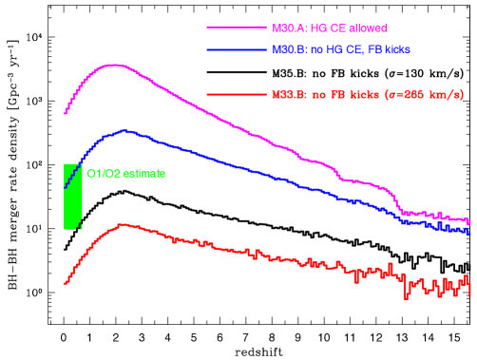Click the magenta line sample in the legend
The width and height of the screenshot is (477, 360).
236,28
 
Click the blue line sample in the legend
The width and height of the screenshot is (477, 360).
236,49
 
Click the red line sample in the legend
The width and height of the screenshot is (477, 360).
236,94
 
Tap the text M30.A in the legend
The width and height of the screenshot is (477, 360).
287,28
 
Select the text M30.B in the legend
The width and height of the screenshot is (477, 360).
287,49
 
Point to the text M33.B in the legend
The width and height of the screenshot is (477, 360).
287,94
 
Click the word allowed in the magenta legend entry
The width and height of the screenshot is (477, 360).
366,28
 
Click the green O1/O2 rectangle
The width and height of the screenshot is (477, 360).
72,197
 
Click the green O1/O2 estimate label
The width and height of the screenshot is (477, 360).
125,174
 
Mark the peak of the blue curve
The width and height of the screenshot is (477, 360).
124,130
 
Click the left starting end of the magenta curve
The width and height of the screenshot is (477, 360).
65,112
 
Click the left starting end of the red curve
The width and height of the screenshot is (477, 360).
65,283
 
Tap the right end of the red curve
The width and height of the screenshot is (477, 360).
469,289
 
